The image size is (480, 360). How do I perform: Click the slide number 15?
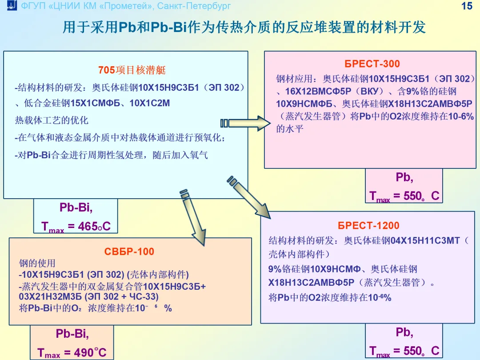467,6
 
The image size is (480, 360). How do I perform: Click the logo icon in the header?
12,6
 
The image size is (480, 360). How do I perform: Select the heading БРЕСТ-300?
372,64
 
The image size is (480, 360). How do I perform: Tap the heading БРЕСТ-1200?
368,226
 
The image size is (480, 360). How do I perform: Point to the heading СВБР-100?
129,252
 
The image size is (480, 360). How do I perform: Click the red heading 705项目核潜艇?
132,71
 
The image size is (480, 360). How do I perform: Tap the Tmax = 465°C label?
76,227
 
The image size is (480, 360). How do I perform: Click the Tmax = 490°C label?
72,353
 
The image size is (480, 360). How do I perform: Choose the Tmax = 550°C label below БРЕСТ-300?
404,196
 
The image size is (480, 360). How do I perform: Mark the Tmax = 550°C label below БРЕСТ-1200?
404,351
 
